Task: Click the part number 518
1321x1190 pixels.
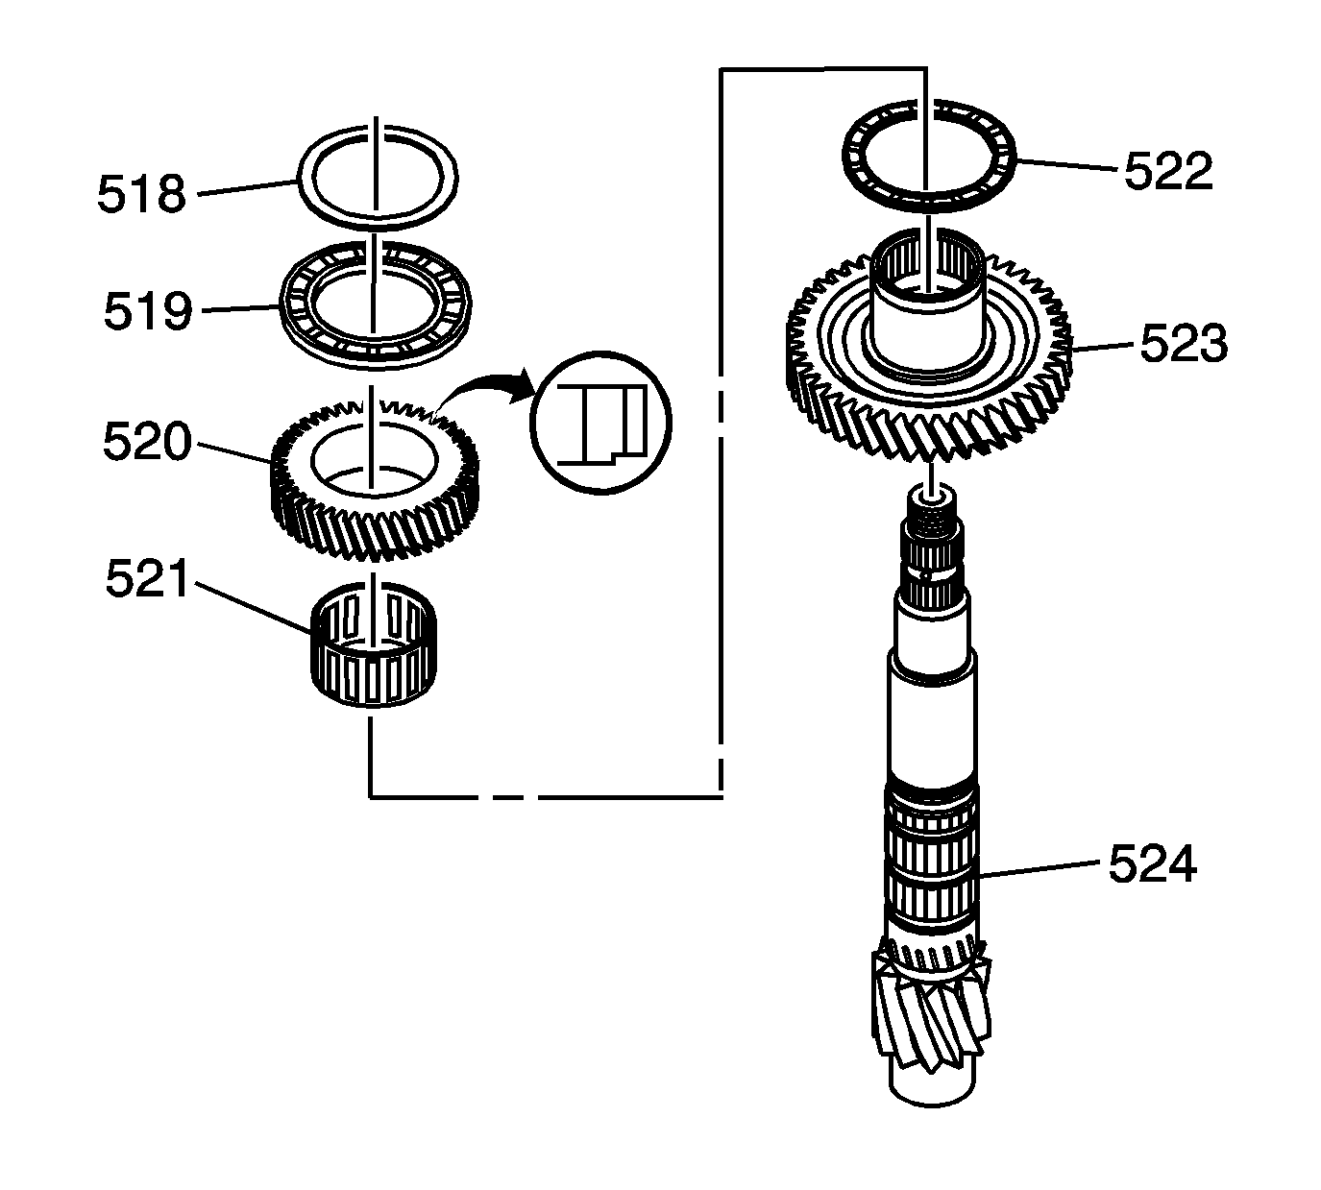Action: pyautogui.click(x=141, y=194)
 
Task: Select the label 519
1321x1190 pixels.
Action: pyautogui.click(x=148, y=311)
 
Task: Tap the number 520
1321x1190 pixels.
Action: pyautogui.click(x=148, y=441)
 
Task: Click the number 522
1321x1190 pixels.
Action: pyautogui.click(x=1167, y=171)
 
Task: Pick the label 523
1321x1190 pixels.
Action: pyautogui.click(x=1184, y=344)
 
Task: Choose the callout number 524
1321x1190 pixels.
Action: pyautogui.click(x=1153, y=864)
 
